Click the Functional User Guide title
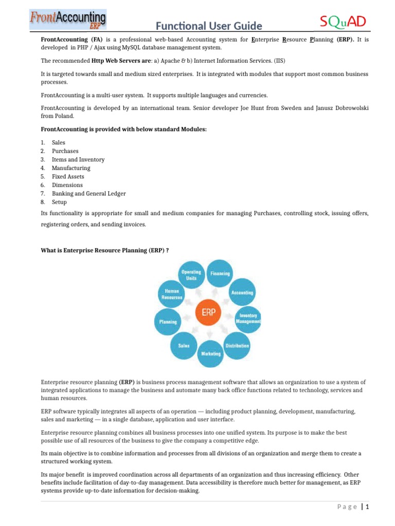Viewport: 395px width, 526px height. click(x=209, y=26)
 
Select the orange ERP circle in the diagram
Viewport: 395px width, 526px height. click(x=209, y=313)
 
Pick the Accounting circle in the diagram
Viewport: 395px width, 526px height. click(x=242, y=293)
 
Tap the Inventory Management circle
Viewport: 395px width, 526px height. click(x=248, y=319)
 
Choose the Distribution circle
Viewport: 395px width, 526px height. click(x=237, y=346)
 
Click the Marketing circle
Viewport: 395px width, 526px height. click(x=211, y=354)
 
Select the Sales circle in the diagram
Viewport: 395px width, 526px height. click(x=184, y=346)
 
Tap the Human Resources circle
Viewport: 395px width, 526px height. click(x=172, y=294)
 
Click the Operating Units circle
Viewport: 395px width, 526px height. click(x=191, y=275)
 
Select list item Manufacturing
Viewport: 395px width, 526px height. click(x=71, y=168)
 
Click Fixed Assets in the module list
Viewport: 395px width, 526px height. click(x=68, y=177)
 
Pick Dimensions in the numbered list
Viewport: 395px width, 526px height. click(x=67, y=185)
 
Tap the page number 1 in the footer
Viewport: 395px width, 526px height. click(x=368, y=507)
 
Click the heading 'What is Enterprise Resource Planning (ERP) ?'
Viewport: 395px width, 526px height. click(x=105, y=250)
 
